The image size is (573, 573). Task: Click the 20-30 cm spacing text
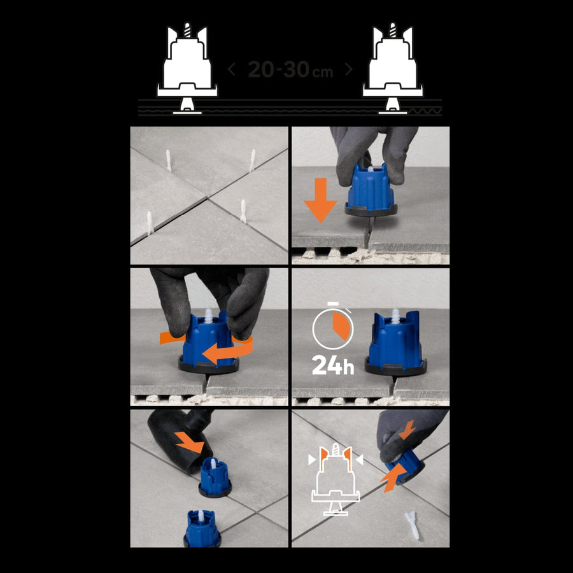tap(290, 69)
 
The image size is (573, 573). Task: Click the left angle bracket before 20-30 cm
tap(231, 69)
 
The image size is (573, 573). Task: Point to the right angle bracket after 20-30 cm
tap(349, 69)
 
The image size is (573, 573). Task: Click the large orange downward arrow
tap(320, 201)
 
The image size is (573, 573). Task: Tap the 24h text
tap(333, 365)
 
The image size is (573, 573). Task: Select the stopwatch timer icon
tap(333, 325)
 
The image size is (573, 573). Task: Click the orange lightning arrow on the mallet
tap(189, 442)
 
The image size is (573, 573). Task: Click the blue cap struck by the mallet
tap(215, 478)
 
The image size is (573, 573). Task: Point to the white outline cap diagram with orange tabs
tap(336, 479)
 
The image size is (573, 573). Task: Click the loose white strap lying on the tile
tap(411, 525)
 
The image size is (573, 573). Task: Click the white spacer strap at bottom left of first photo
tap(150, 223)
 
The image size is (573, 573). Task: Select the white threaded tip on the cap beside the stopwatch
tap(395, 315)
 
